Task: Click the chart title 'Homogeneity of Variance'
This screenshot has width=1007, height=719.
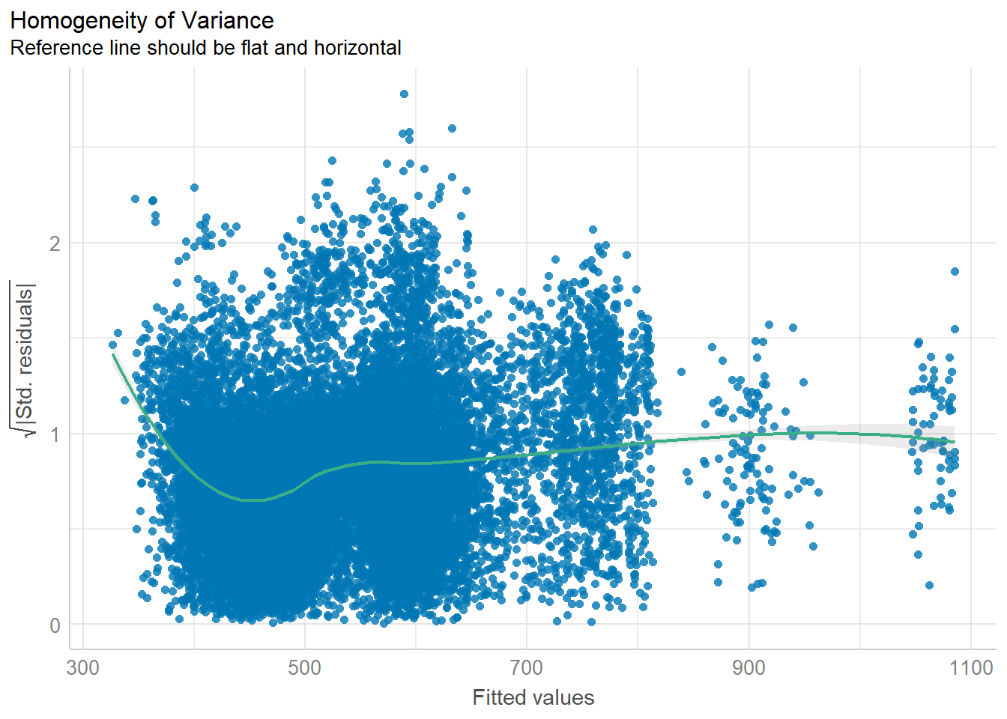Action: point(142,20)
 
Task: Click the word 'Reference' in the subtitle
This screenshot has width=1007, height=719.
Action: point(50,48)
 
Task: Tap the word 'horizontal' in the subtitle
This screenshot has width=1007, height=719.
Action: point(357,48)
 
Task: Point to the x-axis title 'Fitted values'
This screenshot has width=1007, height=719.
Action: point(533,697)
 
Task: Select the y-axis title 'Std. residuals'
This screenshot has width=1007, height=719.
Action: point(25,358)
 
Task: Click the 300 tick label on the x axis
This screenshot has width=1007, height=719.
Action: point(83,667)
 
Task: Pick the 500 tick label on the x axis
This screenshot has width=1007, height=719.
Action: point(304,667)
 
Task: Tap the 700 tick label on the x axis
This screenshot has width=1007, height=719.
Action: point(526,667)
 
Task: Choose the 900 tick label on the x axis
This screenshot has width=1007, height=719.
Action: point(749,667)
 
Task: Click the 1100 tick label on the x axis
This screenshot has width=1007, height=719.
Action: point(971,667)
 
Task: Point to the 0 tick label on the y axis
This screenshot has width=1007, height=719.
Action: point(55,625)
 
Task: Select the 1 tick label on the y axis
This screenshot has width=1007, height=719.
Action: point(55,434)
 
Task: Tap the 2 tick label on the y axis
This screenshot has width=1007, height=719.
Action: point(55,243)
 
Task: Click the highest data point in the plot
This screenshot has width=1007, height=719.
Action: point(404,94)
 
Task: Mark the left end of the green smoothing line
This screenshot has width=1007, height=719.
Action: point(113,354)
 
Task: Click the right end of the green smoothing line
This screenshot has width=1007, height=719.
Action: point(955,441)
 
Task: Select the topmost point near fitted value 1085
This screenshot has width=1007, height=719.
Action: point(955,271)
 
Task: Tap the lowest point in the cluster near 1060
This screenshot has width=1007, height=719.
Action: point(929,585)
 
